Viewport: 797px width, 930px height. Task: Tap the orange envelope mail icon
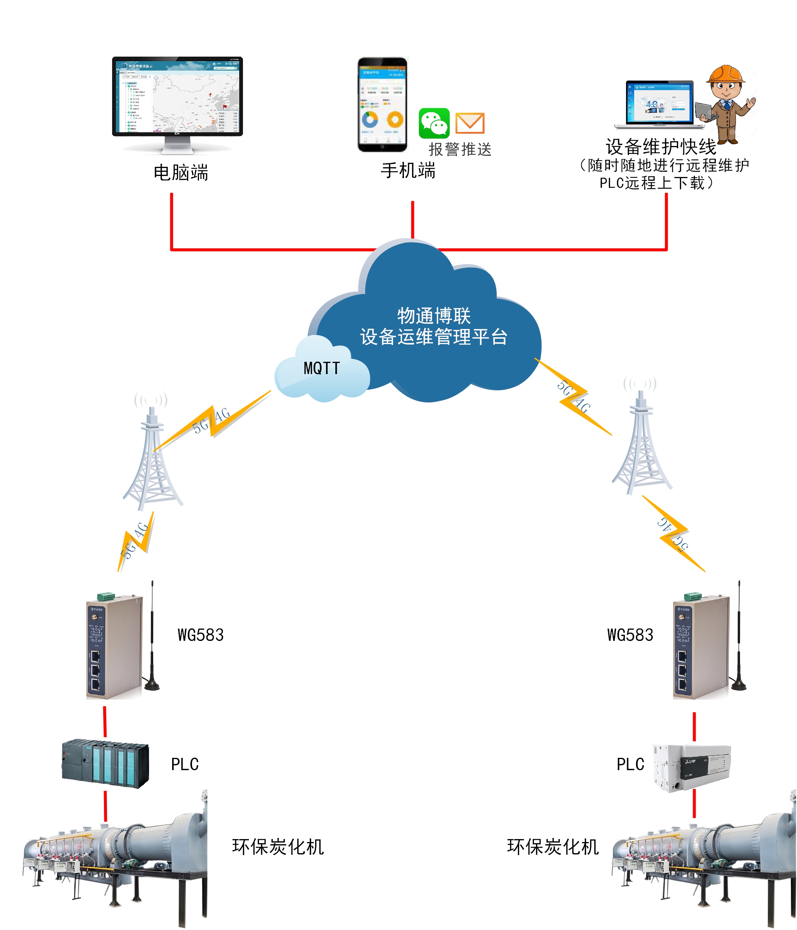(469, 123)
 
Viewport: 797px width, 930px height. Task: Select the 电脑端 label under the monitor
(181, 173)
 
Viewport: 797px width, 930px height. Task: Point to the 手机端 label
(408, 171)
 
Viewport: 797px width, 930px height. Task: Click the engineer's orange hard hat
(725, 74)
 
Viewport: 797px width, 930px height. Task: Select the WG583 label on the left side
(200, 635)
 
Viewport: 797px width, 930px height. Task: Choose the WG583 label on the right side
(630, 635)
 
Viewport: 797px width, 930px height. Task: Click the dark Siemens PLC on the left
(105, 763)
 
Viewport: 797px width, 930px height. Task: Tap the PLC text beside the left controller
(184, 764)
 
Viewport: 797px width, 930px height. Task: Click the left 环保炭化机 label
(278, 847)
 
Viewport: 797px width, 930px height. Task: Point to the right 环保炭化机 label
(553, 847)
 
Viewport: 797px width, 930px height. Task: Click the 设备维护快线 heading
(661, 146)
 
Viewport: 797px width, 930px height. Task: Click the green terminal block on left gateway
(106, 596)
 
